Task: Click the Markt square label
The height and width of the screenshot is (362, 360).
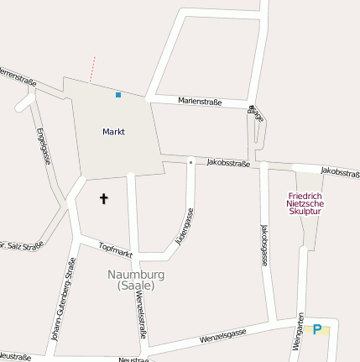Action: [113, 132]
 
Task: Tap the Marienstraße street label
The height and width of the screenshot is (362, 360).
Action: [200, 102]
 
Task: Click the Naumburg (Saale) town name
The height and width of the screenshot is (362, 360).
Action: [136, 280]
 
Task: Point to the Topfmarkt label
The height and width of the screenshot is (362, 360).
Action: [116, 249]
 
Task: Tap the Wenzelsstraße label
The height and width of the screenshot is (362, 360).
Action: [141, 311]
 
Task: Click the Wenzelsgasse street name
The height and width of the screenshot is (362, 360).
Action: [222, 337]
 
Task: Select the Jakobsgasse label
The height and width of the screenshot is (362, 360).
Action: [263, 245]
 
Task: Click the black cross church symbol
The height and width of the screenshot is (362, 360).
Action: [104, 199]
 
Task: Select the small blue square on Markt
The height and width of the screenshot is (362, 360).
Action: [118, 95]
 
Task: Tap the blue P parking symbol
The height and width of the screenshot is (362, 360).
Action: [317, 330]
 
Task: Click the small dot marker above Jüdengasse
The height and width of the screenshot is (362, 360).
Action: [190, 160]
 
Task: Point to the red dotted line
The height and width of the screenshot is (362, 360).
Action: [92, 69]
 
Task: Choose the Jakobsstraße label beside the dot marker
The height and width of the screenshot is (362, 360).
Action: [228, 163]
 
